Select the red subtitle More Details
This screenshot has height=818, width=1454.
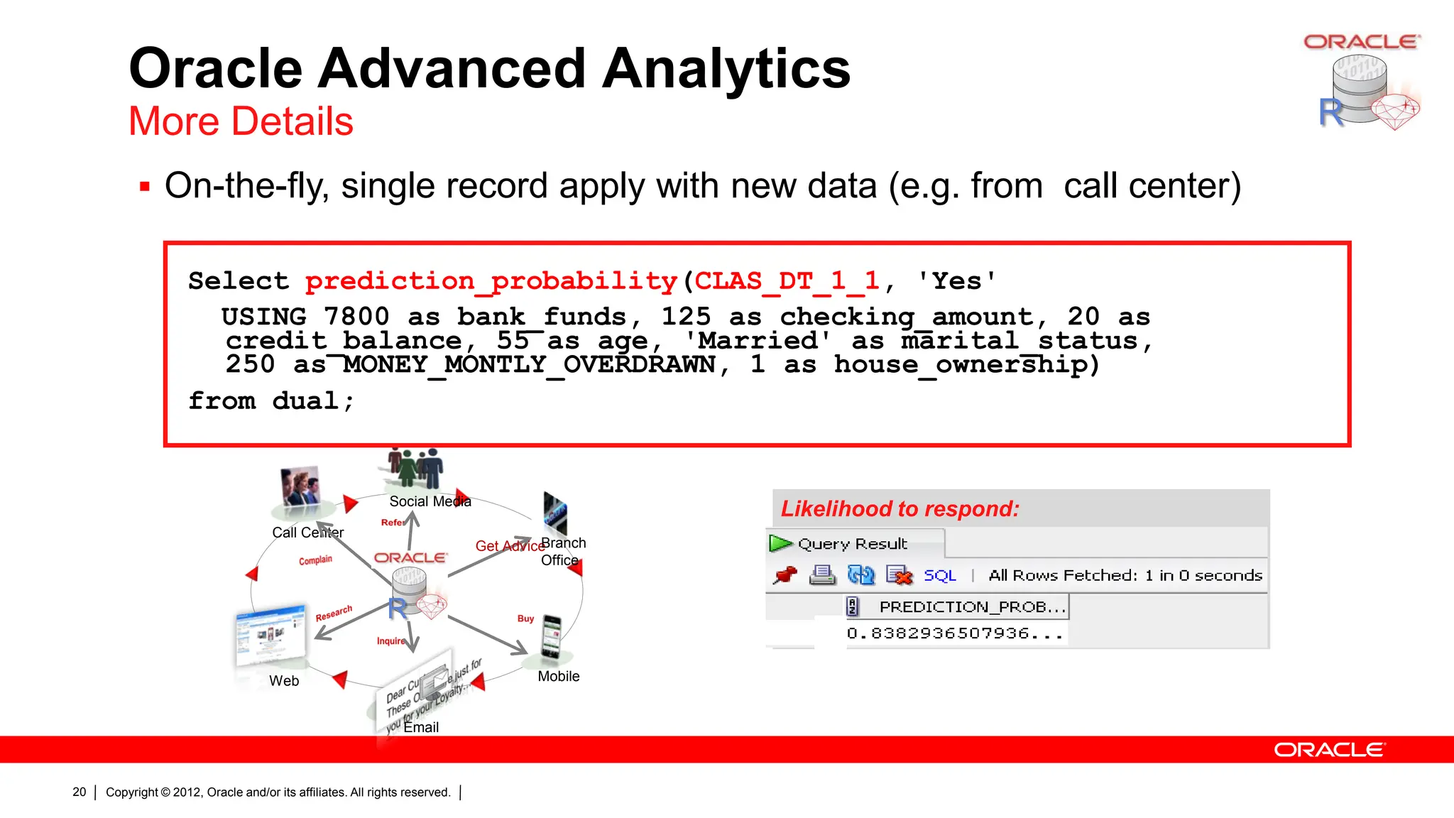pos(241,121)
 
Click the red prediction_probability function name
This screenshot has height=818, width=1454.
pos(491,281)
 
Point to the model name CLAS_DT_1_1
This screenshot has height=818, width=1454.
pos(787,281)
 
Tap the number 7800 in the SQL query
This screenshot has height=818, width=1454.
pos(356,316)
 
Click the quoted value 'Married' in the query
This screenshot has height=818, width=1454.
pos(757,340)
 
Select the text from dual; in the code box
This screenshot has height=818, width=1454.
pos(270,401)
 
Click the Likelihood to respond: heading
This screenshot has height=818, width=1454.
pos(900,509)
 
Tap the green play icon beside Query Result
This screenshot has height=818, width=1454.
pos(780,544)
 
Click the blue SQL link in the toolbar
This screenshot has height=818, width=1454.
pos(939,575)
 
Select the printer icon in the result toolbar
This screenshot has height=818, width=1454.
pos(822,575)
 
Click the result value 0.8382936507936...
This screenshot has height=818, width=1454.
pos(954,633)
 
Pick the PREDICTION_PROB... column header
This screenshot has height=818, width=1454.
pos(971,607)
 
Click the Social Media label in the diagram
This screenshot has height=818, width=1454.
pos(430,501)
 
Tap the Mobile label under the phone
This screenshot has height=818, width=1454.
pos(558,677)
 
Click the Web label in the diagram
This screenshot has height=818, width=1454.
pos(284,681)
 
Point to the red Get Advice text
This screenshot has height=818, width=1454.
pos(508,546)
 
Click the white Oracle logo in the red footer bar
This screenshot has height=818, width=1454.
pos(1328,750)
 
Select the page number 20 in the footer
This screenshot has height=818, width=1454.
pos(79,792)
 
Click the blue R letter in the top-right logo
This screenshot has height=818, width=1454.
pos(1330,112)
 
